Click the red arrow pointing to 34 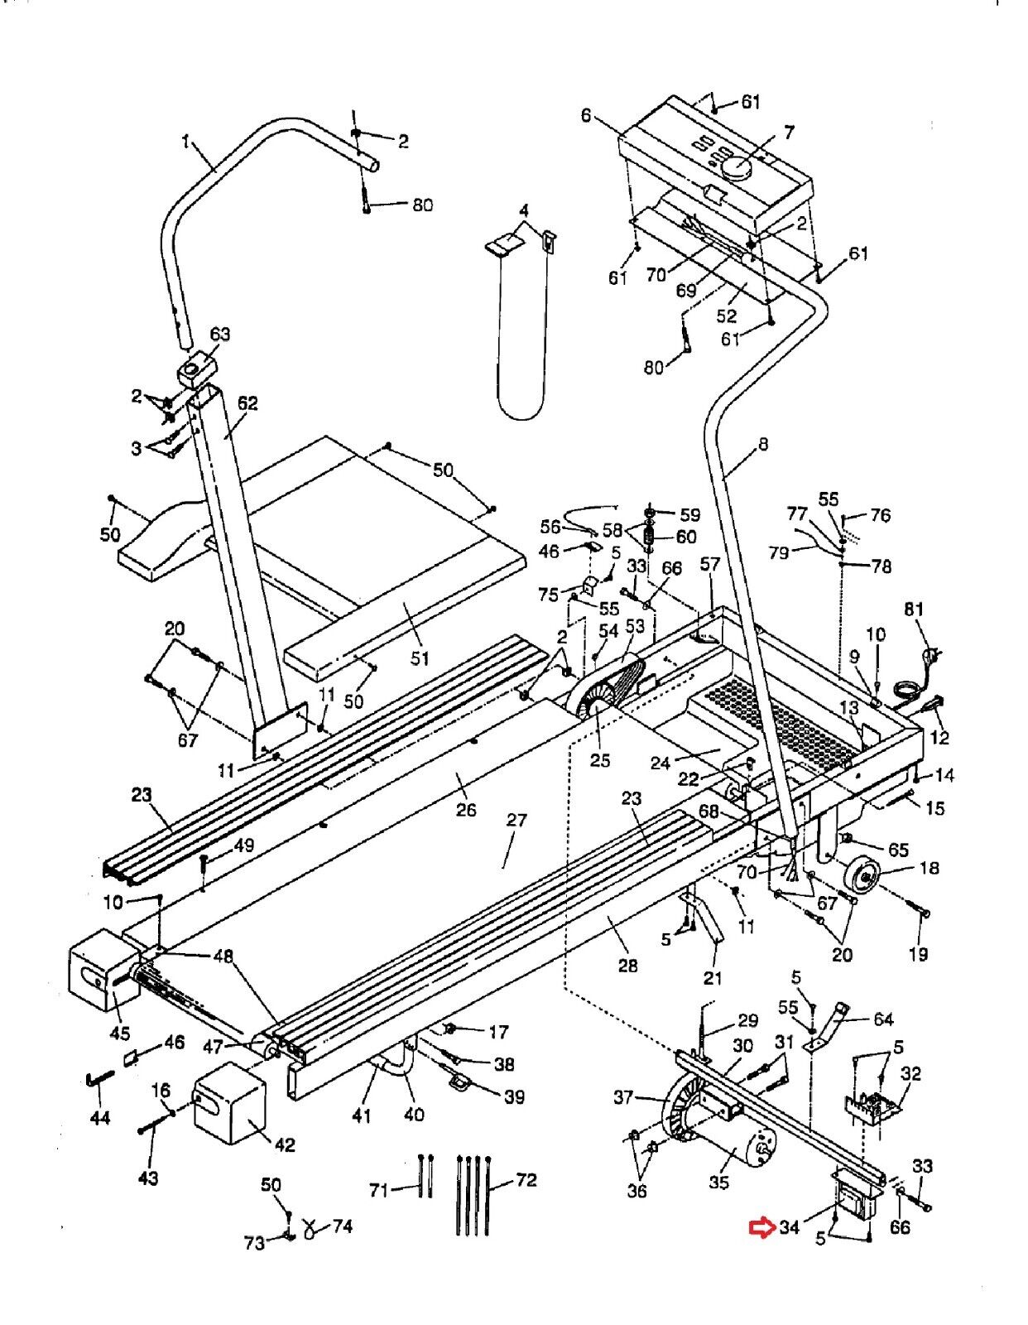point(761,1226)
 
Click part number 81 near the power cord point(914,609)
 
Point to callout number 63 point(220,334)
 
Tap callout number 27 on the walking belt point(516,820)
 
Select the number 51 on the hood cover point(420,658)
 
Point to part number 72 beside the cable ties point(526,1180)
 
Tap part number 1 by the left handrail point(186,142)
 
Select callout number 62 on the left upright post point(247,403)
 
